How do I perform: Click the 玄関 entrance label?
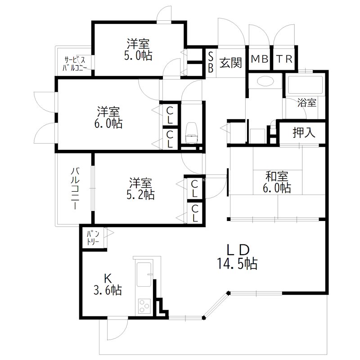point(231,63)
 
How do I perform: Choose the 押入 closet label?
point(302,133)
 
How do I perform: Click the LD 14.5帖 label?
point(238,257)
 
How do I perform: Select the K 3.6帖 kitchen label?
point(108,283)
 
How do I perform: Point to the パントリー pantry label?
point(93,237)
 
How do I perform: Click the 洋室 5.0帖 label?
point(138,50)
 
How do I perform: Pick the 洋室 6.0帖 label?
point(109,117)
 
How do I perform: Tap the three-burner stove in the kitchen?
point(144,307)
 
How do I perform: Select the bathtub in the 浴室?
point(306,84)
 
